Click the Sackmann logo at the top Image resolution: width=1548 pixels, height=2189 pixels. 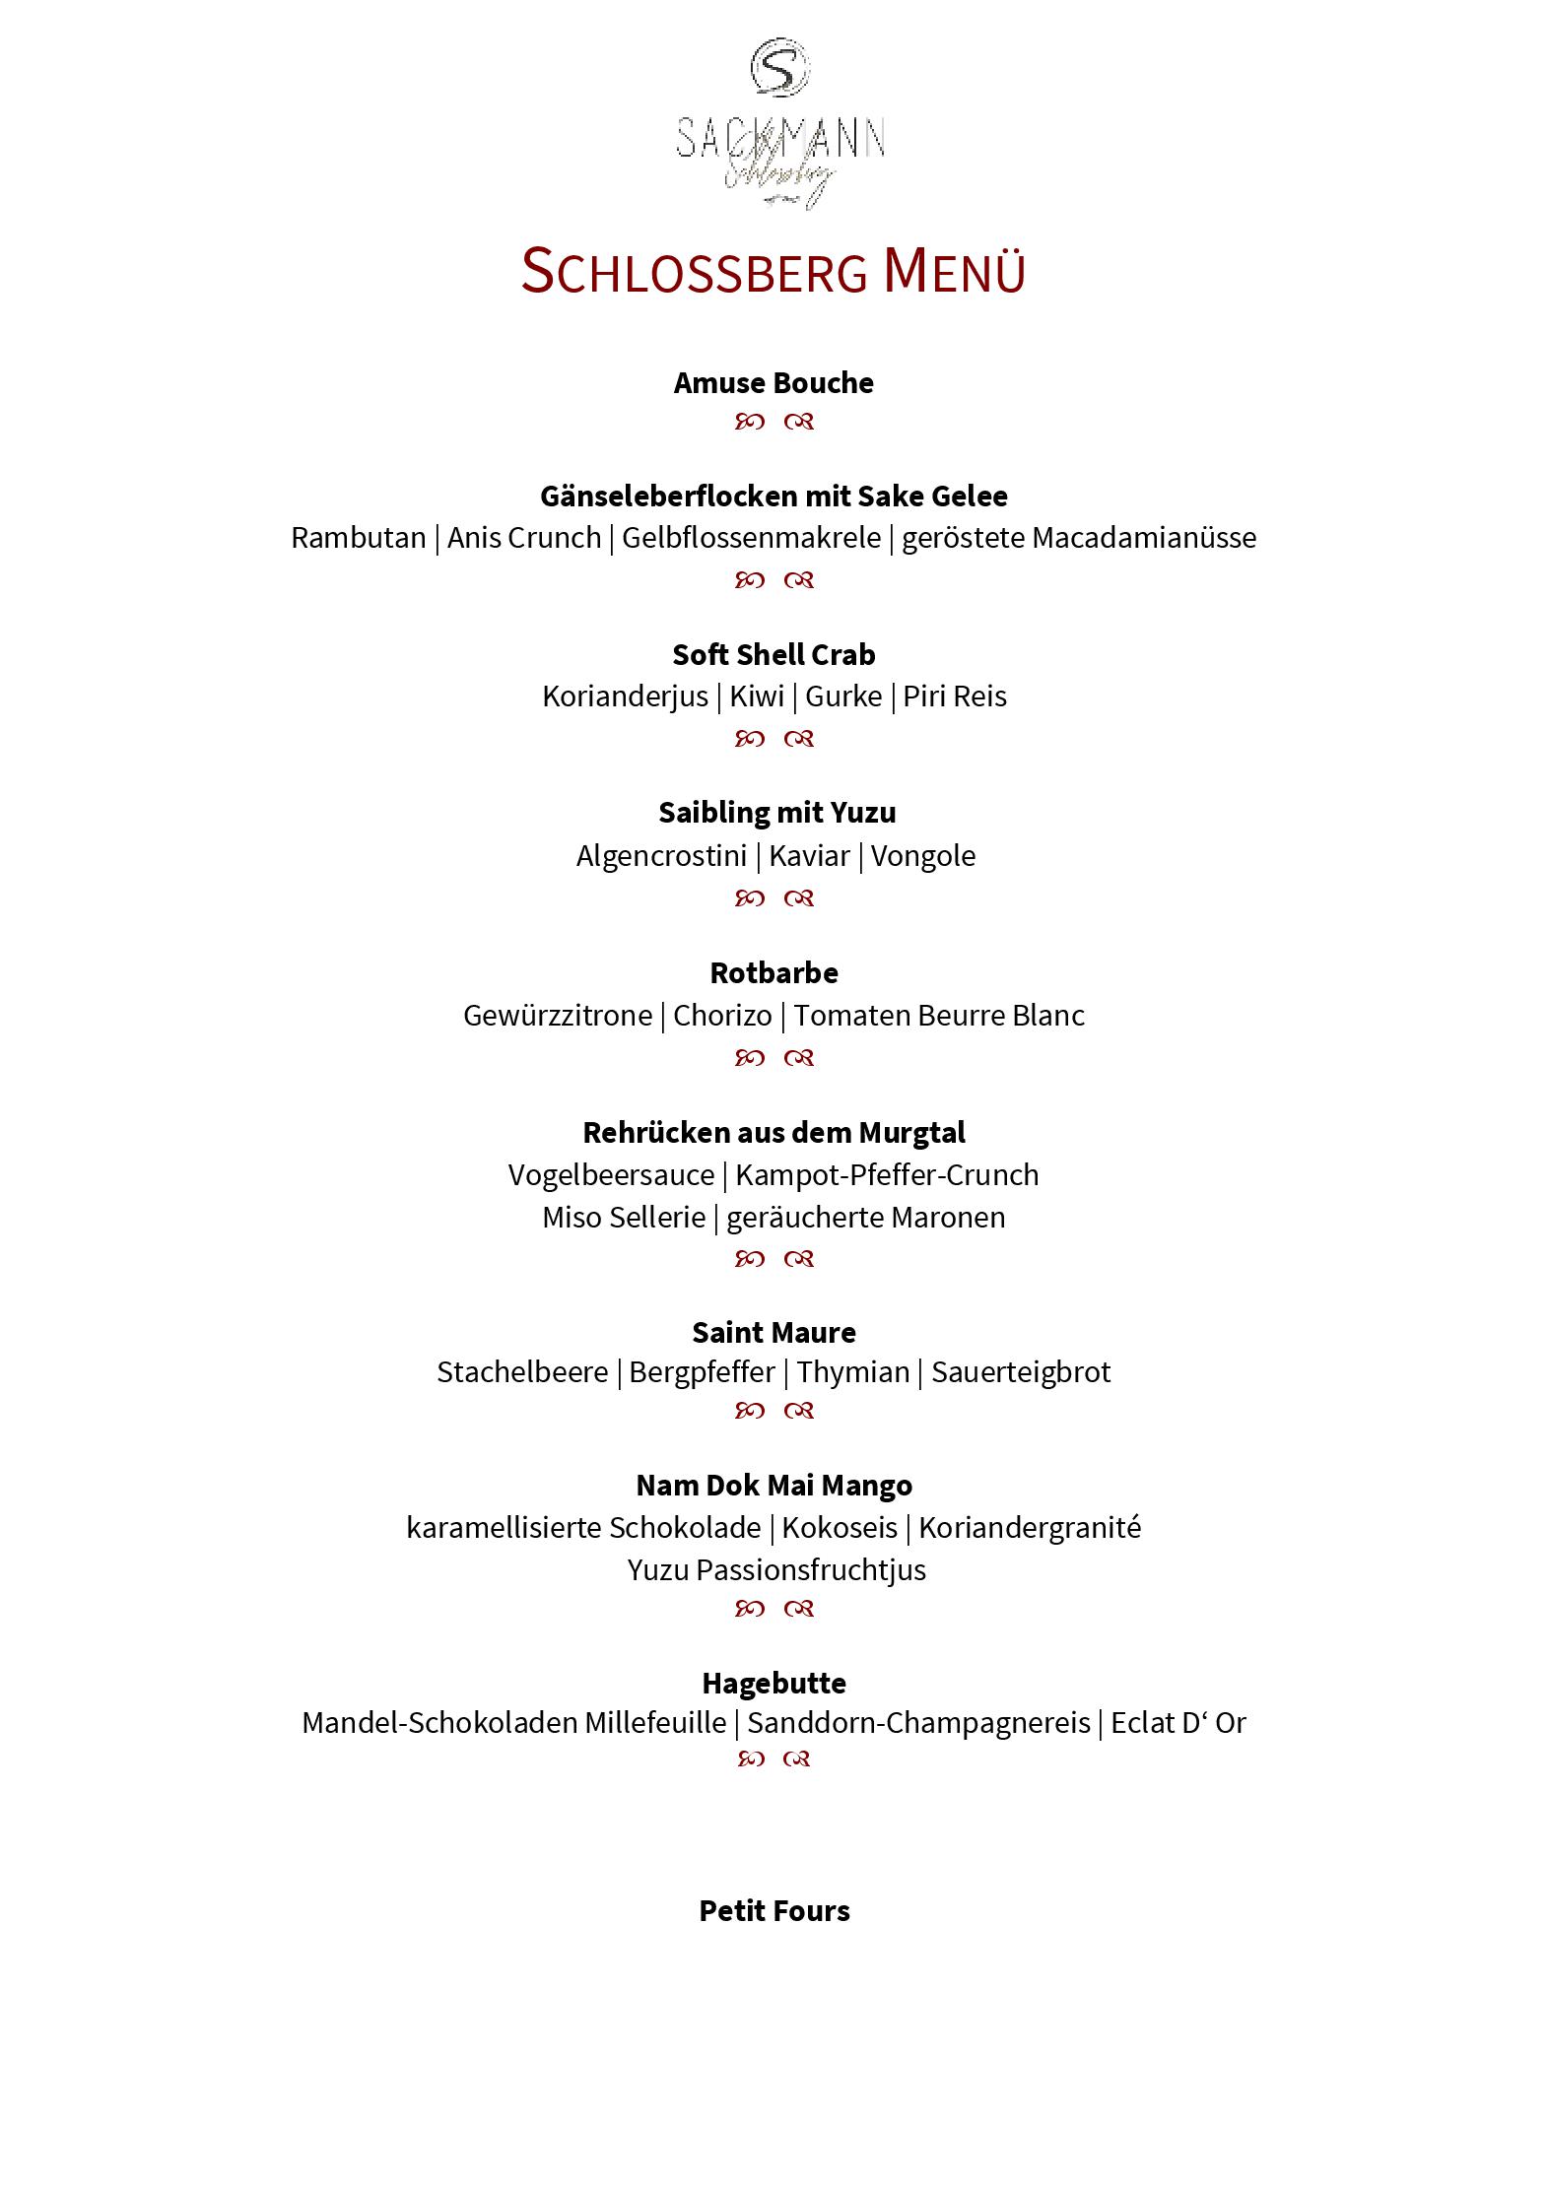(x=778, y=124)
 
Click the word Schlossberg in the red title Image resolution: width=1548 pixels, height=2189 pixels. (x=694, y=271)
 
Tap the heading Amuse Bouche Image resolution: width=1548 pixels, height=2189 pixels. (x=774, y=383)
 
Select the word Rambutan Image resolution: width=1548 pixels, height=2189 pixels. (x=358, y=538)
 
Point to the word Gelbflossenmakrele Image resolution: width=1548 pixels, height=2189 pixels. (x=751, y=538)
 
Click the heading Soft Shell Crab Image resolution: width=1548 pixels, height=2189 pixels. (x=774, y=655)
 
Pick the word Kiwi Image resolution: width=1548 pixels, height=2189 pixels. (x=757, y=696)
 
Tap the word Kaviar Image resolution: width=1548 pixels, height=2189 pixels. (x=809, y=856)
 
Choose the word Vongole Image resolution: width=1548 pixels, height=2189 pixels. (x=923, y=856)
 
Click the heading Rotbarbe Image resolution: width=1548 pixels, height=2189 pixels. (x=774, y=973)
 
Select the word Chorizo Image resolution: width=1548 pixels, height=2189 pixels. (x=722, y=1016)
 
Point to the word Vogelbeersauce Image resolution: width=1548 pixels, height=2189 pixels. (x=611, y=1175)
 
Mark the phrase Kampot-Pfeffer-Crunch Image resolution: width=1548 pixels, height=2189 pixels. (x=887, y=1175)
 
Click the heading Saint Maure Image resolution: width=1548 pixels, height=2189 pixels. (x=774, y=1333)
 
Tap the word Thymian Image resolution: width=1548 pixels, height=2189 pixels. (x=853, y=1372)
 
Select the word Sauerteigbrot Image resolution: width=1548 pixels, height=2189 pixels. (x=1021, y=1372)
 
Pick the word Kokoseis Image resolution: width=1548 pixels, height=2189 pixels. (x=840, y=1528)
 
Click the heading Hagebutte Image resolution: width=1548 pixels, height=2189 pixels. (x=774, y=1683)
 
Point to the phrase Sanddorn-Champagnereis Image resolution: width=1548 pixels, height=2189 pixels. (x=918, y=1723)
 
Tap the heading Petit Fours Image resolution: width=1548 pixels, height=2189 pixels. (x=774, y=1911)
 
